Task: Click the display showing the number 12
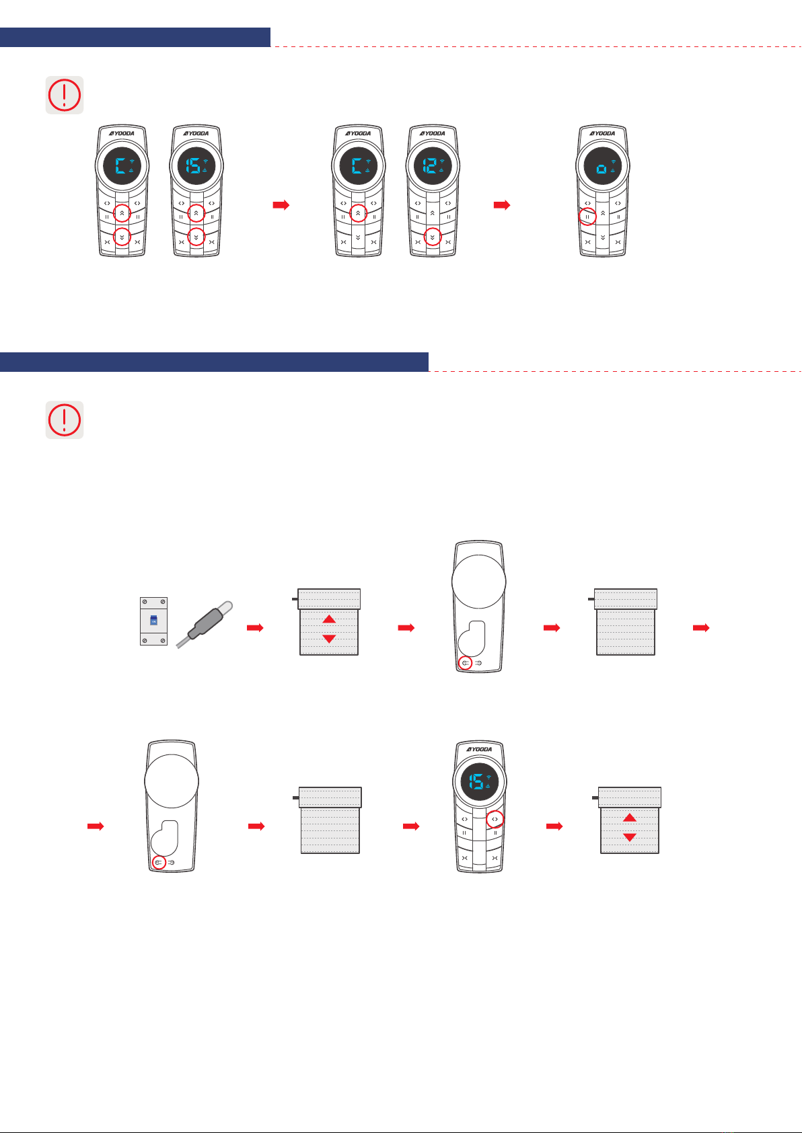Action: [433, 165]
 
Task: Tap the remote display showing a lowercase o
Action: [603, 165]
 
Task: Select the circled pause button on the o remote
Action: [587, 217]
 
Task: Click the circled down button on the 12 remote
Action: [433, 237]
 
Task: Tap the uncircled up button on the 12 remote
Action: [433, 213]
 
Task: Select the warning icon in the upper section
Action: [65, 95]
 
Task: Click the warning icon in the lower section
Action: [65, 420]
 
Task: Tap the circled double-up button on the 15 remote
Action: [196, 213]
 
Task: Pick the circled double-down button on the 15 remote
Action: [196, 237]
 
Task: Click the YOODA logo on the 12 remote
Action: [433, 134]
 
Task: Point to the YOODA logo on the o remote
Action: [603, 134]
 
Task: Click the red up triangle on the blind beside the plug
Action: [329, 619]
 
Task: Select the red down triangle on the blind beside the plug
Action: [329, 639]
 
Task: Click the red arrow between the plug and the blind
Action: [255, 628]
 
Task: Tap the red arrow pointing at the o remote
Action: [502, 205]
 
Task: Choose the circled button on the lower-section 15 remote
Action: [495, 820]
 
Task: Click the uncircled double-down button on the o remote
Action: [603, 237]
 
